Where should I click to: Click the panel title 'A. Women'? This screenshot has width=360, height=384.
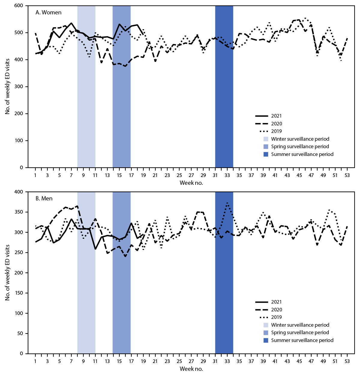tap(48, 12)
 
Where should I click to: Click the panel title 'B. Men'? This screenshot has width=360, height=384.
tap(44, 198)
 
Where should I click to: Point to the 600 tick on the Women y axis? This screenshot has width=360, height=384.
tap(19, 6)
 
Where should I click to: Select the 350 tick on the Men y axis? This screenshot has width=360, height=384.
tap(19, 212)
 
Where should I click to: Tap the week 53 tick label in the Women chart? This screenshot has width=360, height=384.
tap(347, 175)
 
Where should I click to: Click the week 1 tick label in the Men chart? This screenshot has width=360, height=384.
tap(35, 361)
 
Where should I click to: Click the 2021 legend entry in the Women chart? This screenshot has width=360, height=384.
tap(276, 116)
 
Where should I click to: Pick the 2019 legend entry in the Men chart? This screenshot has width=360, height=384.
tap(276, 317)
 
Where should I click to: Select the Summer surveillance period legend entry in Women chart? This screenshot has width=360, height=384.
tap(302, 154)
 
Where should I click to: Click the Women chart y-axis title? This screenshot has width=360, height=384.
tap(7, 86)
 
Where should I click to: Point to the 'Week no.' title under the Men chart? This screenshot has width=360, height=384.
tap(191, 369)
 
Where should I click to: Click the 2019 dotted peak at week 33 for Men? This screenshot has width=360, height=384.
tap(227, 203)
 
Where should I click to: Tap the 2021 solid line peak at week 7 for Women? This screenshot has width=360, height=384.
tap(71, 23)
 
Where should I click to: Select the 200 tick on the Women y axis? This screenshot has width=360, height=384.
tap(19, 114)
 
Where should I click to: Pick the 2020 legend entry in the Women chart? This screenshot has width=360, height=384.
tap(276, 124)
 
